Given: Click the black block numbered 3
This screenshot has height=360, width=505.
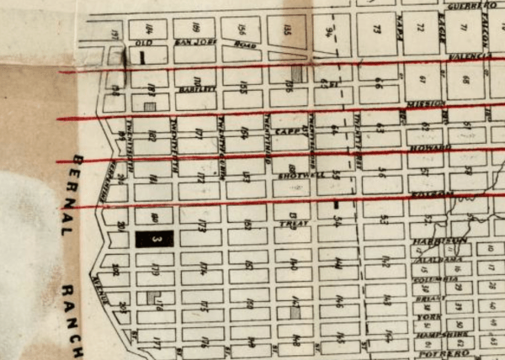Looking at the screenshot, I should tap(154, 239).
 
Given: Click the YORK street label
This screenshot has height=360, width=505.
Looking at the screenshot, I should tap(429, 317).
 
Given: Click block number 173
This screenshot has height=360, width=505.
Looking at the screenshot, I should tap(202, 225).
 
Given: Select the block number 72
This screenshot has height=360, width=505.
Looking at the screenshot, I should tap(419, 28).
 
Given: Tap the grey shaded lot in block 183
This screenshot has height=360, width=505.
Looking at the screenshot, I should tap(150, 107).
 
